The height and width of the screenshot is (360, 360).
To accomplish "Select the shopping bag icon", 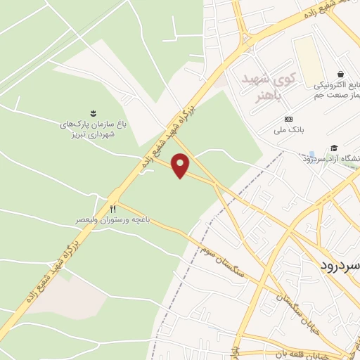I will pos(341,75).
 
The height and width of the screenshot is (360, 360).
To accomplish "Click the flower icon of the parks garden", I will pos(92,112).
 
